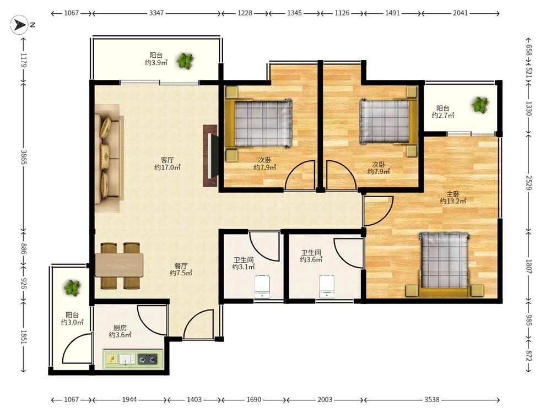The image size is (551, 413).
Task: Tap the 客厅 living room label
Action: point(168,160)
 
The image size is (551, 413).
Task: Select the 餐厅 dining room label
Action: point(181,266)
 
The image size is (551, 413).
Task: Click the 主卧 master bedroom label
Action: point(453,194)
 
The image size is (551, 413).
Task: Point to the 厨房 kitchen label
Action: point(120,328)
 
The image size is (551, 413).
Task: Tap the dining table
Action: point(120,265)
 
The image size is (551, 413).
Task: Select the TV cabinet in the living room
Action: point(210,156)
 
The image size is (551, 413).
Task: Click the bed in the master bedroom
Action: point(444,264)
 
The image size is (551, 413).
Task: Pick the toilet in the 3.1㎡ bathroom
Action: point(262,287)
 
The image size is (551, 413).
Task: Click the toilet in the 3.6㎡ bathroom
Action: point(327,286)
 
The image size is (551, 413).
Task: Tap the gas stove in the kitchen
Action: point(148,359)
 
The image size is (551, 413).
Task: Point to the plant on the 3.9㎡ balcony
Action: point(185,61)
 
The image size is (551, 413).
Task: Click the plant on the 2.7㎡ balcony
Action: point(480,104)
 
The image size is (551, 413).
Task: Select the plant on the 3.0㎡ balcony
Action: point(72,288)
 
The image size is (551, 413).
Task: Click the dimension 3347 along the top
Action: point(156,13)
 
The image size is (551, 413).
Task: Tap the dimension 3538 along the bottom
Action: point(432,400)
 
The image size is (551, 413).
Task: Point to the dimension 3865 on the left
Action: point(24,157)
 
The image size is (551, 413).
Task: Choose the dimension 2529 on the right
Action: point(529,183)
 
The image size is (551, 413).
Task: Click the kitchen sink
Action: point(127,359)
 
